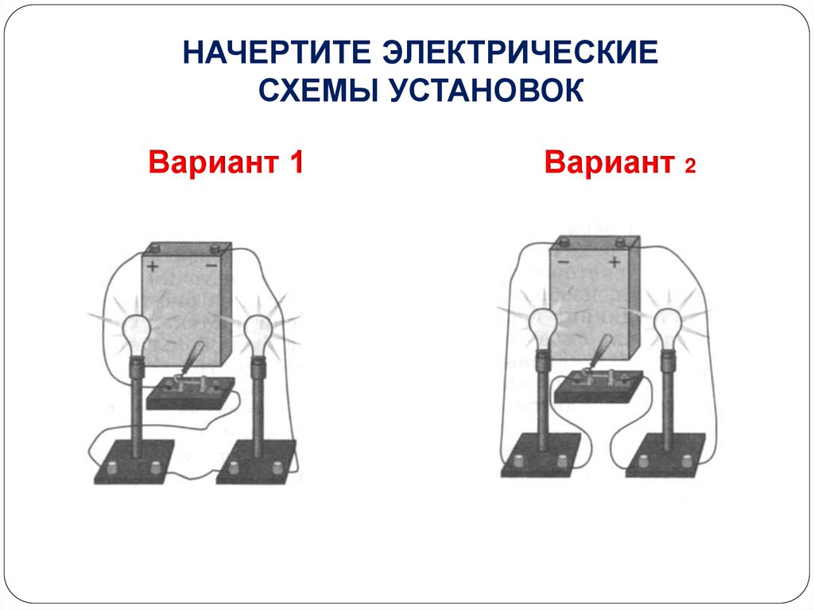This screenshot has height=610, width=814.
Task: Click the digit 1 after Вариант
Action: (x=296, y=163)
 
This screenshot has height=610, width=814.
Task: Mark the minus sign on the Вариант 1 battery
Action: (x=211, y=266)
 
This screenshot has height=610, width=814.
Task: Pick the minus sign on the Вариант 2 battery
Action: (x=563, y=262)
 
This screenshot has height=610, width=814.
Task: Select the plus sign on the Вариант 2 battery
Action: (x=614, y=262)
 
